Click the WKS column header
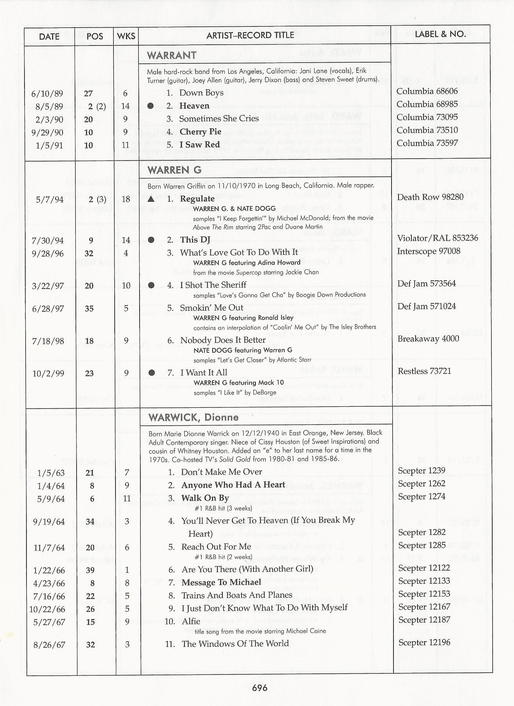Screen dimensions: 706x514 pos(126,36)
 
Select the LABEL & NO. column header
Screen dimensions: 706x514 pos(440,34)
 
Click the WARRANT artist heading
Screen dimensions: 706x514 pos(171,55)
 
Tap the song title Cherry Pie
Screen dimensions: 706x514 pos(200,132)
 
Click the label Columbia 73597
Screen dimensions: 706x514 pos(427,143)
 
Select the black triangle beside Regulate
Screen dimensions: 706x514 pos(151,199)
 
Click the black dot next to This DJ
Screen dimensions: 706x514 pos(151,240)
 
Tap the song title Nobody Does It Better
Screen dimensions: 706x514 pos(223,340)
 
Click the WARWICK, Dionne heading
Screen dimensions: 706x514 pos(193,418)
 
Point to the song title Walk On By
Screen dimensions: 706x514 pos(205,498)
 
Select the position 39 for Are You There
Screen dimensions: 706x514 pos(90,570)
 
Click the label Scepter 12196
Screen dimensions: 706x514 pos(424,643)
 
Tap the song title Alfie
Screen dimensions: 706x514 pos(191,621)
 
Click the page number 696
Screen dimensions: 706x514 pos(260,688)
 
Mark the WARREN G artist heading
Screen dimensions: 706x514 pos(174,170)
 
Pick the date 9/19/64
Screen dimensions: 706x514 pos(49,522)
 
